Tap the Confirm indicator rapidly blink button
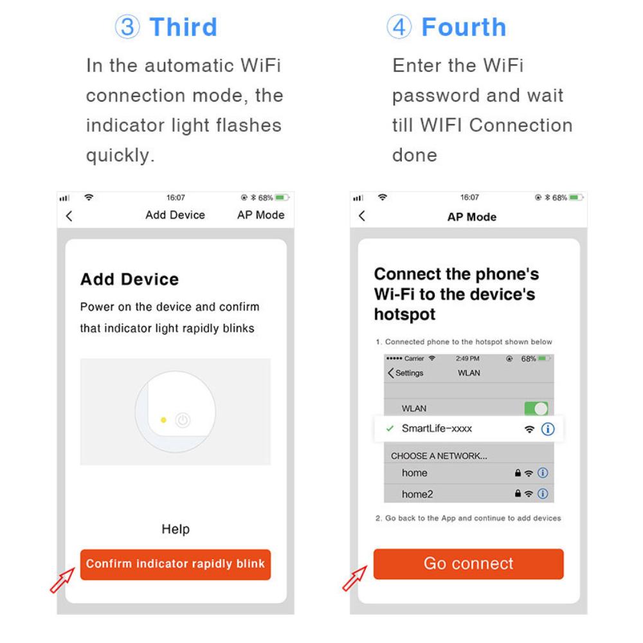[x=176, y=565]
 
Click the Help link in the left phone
[x=176, y=529]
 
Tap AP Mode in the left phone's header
[x=260, y=215]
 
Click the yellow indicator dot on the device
[x=163, y=420]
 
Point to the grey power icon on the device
[x=183, y=420]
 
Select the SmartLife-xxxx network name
[x=440, y=428]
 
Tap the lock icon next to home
[x=517, y=473]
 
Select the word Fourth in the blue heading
[x=464, y=28]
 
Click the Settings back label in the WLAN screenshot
[x=405, y=373]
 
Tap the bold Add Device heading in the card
[x=129, y=280]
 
